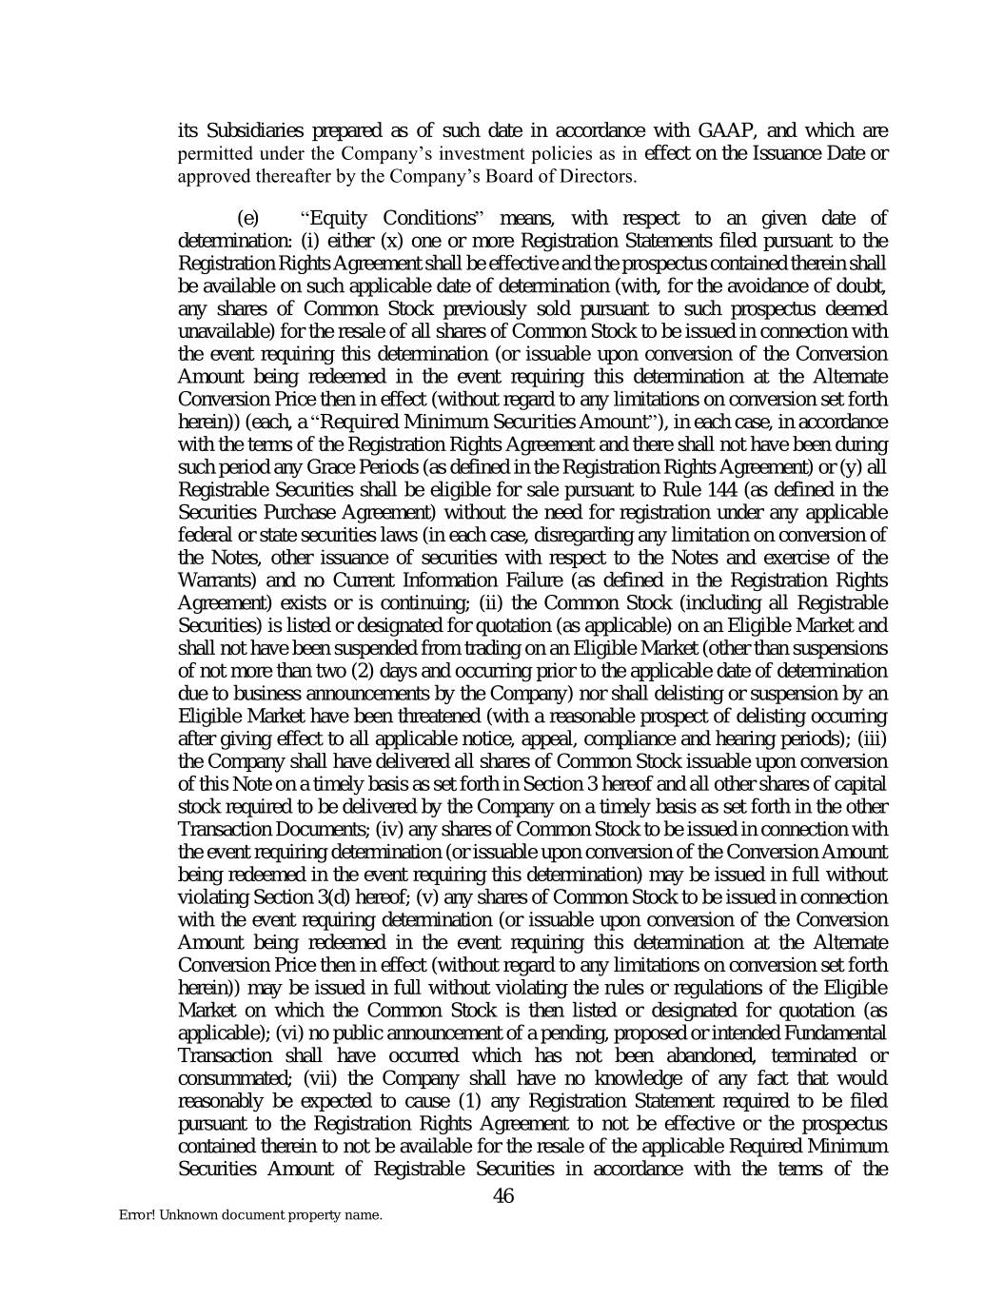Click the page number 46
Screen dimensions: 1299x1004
pos(503,1196)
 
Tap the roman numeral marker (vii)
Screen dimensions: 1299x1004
pos(320,1079)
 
